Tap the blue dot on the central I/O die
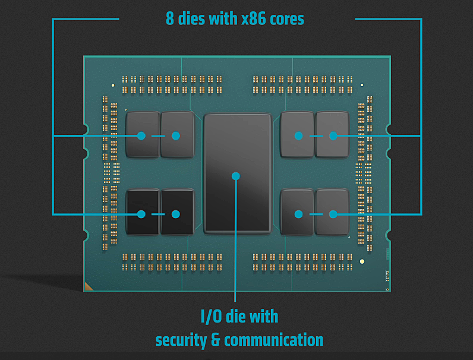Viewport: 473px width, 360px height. [x=236, y=176]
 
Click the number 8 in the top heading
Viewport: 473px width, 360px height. [x=170, y=18]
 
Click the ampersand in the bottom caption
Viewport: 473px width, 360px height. [x=217, y=340]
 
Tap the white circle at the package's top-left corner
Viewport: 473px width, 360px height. [x=113, y=86]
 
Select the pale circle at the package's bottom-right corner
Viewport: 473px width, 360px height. [x=362, y=261]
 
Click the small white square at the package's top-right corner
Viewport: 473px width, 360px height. [x=361, y=85]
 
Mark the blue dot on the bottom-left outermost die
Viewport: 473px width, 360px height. [x=141, y=214]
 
